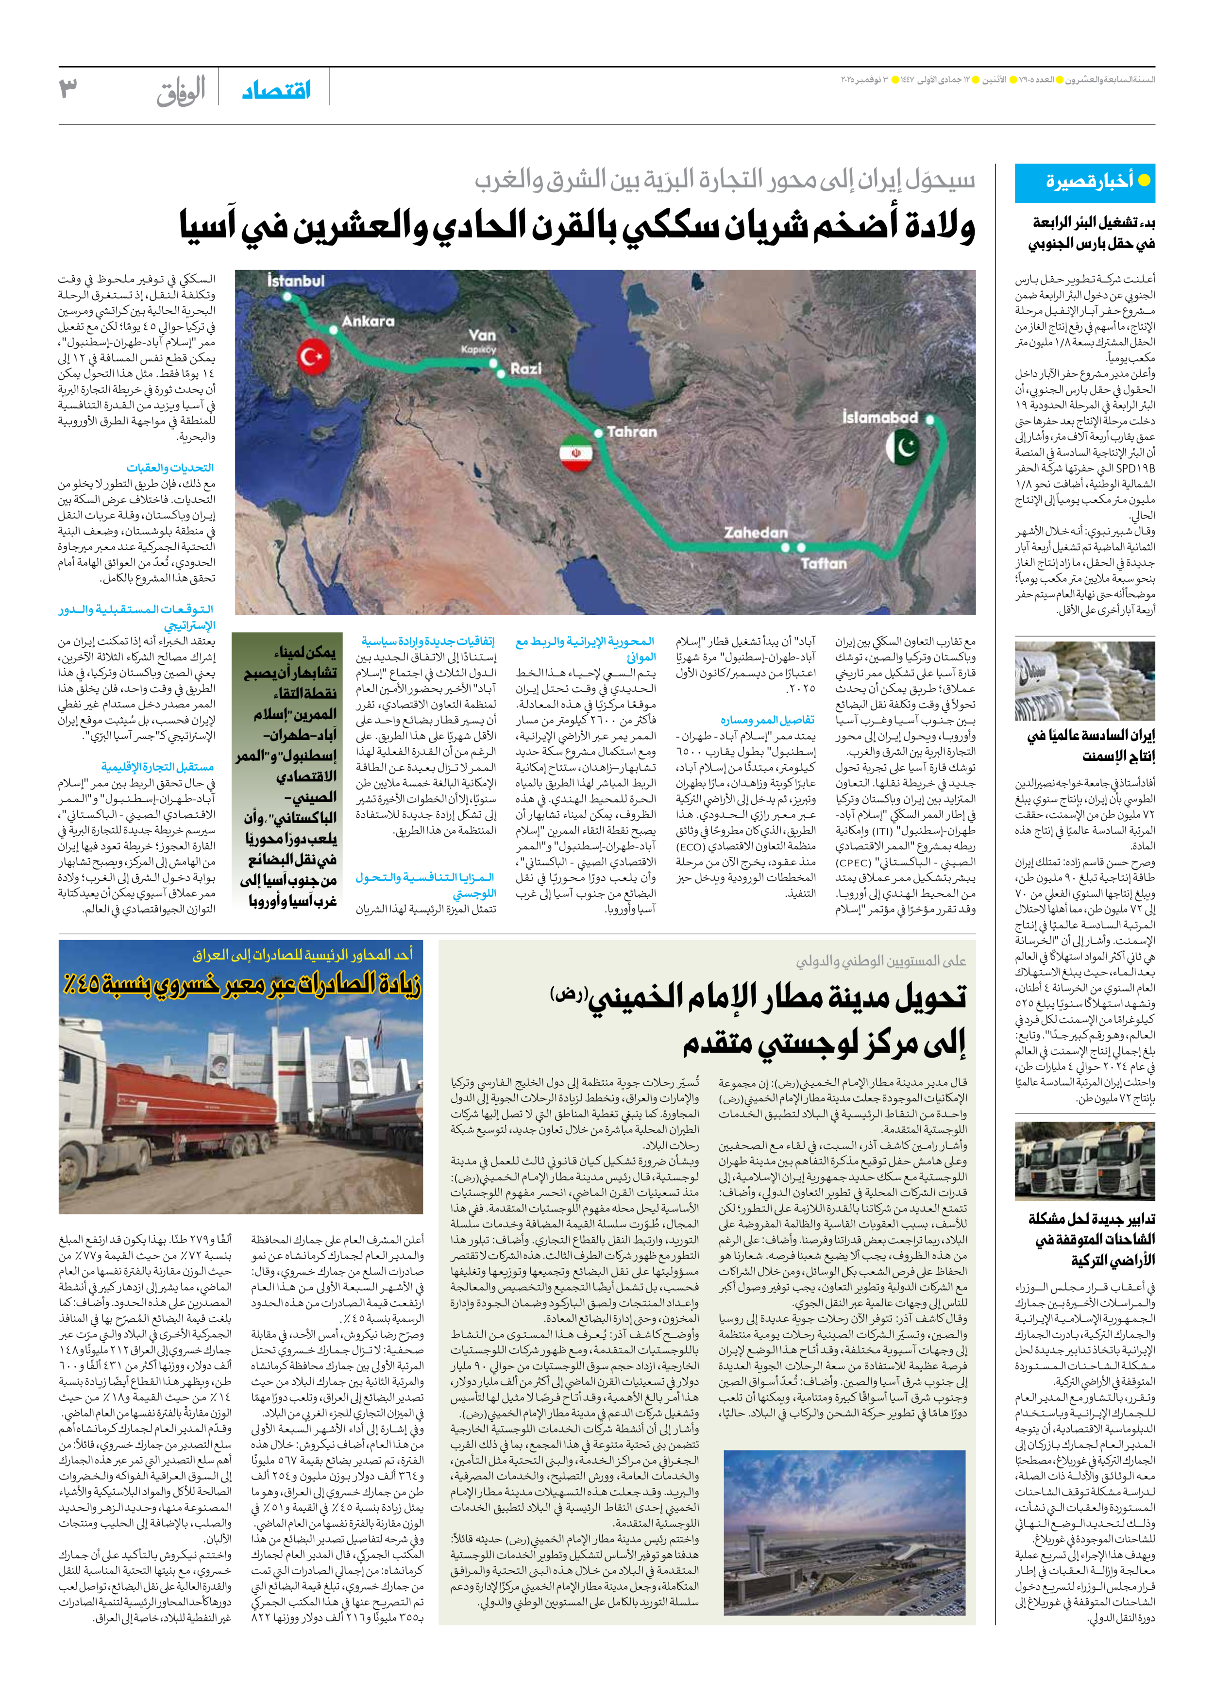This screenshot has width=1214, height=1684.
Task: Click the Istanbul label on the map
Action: pyautogui.click(x=296, y=281)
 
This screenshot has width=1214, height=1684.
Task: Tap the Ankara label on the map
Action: pyautogui.click(x=368, y=321)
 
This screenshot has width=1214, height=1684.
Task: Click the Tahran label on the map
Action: pyautogui.click(x=632, y=431)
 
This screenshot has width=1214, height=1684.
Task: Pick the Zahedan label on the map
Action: pyautogui.click(x=755, y=532)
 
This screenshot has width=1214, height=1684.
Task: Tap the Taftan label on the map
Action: pyautogui.click(x=824, y=564)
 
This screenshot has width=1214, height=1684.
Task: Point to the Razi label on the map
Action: pyautogui.click(x=526, y=369)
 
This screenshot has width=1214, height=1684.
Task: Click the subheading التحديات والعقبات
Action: pyautogui.click(x=170, y=468)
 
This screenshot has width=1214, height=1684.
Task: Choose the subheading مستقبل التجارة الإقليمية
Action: pyautogui.click(x=157, y=766)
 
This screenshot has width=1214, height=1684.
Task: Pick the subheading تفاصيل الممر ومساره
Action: pyautogui.click(x=767, y=720)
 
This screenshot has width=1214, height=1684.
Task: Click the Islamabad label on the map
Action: pyautogui.click(x=880, y=417)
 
